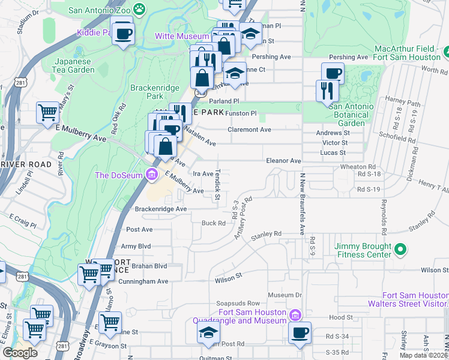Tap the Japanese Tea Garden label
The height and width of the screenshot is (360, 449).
click(x=75, y=65)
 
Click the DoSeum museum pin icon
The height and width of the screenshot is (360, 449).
click(x=152, y=175)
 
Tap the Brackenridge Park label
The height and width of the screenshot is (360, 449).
click(x=155, y=92)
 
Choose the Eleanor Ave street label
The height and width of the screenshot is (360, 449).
click(x=283, y=161)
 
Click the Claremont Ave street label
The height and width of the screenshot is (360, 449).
click(x=249, y=129)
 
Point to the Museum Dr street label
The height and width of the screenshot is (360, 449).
click(x=285, y=295)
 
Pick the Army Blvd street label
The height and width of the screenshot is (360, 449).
click(x=136, y=246)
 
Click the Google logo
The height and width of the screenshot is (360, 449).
click(x=20, y=352)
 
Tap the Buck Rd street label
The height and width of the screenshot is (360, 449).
click(x=213, y=223)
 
